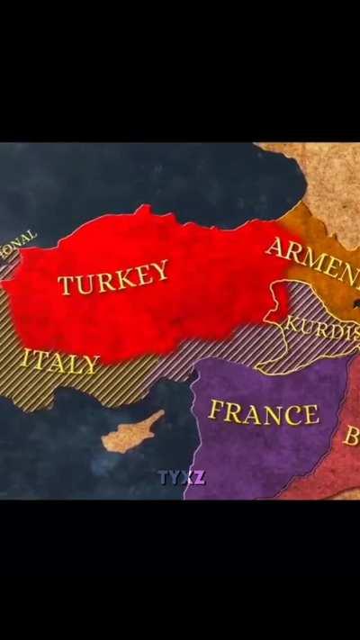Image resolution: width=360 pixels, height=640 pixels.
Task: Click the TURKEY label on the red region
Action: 113,278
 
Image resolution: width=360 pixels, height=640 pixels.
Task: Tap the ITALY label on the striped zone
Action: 60,362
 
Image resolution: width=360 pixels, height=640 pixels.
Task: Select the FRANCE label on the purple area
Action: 264,413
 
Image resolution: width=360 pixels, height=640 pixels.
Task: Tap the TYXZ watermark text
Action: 182,477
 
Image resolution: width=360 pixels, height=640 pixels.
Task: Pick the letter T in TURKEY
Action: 66,287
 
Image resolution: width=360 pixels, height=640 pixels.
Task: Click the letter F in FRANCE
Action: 216,410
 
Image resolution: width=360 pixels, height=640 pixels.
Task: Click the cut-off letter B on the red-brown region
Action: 352,437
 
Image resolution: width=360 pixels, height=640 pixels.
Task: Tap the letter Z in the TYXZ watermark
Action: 199,477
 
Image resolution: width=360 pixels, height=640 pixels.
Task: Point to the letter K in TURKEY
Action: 123,276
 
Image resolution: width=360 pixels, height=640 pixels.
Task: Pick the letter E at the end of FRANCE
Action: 310,415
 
